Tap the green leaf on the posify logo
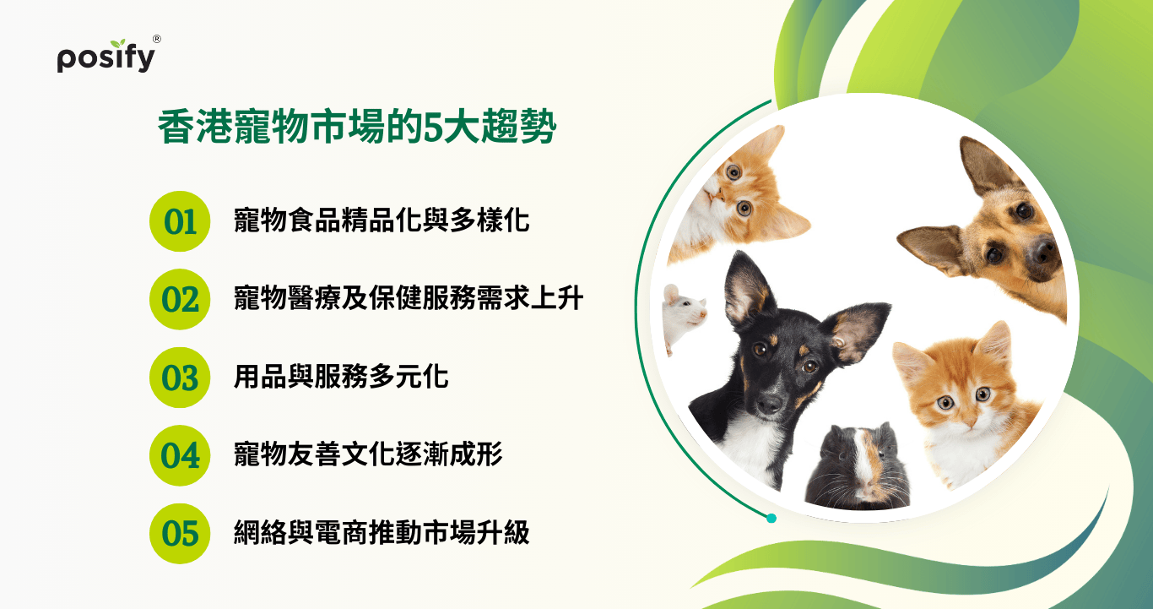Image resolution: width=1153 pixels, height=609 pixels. pyautogui.click(x=119, y=43)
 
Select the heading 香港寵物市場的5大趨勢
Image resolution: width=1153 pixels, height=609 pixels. pyautogui.click(x=357, y=127)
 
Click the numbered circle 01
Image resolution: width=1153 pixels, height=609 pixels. pyautogui.click(x=180, y=221)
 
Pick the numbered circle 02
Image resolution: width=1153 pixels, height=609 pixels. pyautogui.click(x=180, y=299)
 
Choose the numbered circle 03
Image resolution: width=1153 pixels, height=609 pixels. pyautogui.click(x=180, y=378)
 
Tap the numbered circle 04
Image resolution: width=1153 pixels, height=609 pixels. pyautogui.click(x=180, y=455)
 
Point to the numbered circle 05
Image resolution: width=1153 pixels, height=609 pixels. pyautogui.click(x=180, y=533)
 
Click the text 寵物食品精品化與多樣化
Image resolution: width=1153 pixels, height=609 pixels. pyautogui.click(x=382, y=220)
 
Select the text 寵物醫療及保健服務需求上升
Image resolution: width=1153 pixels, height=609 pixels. pyautogui.click(x=409, y=298)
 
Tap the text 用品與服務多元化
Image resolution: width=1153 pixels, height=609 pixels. pyautogui.click(x=341, y=377)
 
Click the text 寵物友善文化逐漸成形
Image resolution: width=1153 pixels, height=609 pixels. pyautogui.click(x=368, y=454)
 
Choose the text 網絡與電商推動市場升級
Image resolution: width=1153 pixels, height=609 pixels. pyautogui.click(x=382, y=533)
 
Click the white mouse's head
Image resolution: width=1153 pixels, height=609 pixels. pyautogui.click(x=684, y=308)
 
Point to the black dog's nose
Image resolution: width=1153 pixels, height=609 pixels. pyautogui.click(x=770, y=404)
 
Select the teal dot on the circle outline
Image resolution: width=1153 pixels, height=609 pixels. pyautogui.click(x=771, y=519)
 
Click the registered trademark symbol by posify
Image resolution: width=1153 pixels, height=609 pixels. pyautogui.click(x=157, y=39)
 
